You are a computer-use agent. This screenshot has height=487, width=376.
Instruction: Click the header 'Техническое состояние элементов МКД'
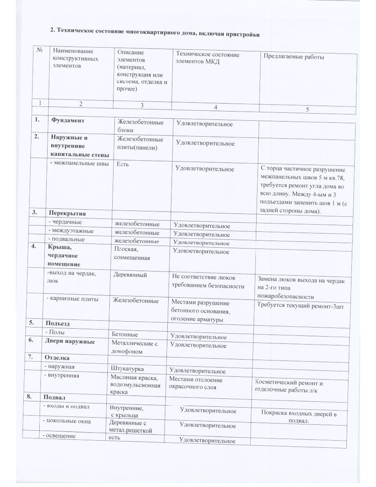(207, 58)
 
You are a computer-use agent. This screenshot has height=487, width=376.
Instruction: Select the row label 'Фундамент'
(68, 120)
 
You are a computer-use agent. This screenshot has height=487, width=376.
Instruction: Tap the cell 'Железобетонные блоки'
(140, 126)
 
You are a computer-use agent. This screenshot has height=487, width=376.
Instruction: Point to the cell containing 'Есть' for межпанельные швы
(123, 164)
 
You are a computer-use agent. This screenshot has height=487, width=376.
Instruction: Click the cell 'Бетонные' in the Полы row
(125, 335)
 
